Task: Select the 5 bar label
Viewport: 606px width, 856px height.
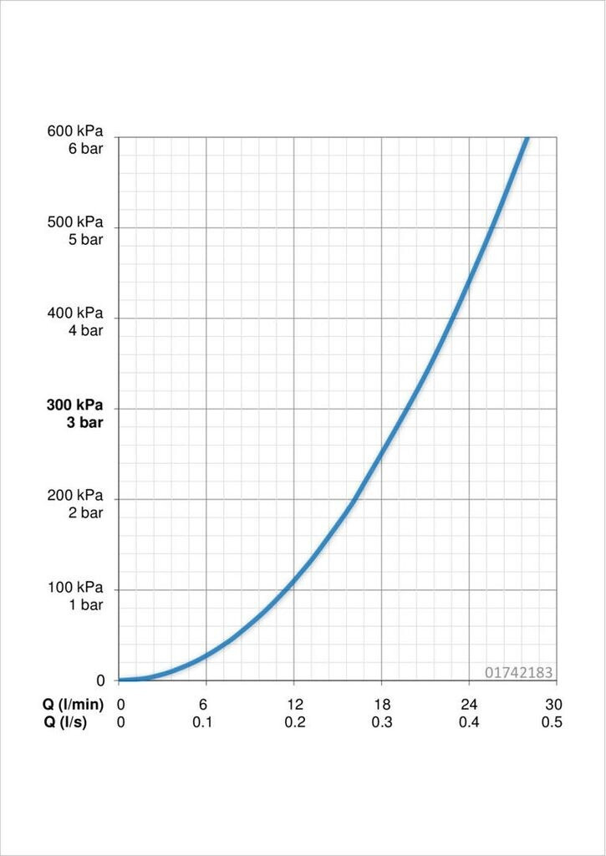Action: coord(85,239)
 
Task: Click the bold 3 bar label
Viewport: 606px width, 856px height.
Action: coord(85,422)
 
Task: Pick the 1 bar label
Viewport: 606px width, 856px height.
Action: coord(85,604)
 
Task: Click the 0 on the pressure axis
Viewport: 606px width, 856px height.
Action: coord(101,680)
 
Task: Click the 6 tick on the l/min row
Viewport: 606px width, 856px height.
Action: coord(203,705)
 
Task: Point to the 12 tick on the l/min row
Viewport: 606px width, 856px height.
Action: coord(295,705)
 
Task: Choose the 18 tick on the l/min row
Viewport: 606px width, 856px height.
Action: coord(382,705)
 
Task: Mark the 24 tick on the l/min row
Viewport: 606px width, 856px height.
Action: coord(469,705)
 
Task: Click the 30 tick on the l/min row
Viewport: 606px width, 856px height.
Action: coord(552,705)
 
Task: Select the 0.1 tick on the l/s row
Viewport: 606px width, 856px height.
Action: coord(203,722)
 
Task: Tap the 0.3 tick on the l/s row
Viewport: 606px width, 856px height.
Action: coord(382,722)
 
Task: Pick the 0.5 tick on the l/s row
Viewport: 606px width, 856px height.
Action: coord(551,722)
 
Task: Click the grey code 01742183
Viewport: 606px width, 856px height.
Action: coord(518,672)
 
